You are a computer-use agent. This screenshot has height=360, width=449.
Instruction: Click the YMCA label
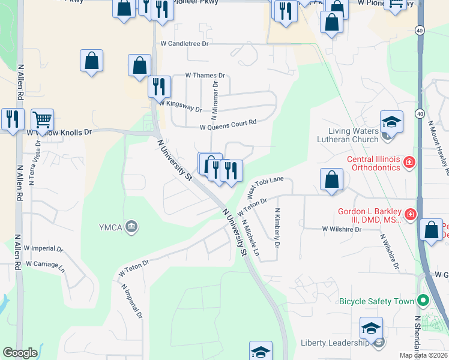(x=110, y=227)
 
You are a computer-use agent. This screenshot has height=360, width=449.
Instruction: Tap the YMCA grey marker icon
(x=131, y=226)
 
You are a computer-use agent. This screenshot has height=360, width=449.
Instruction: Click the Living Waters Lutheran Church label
(x=353, y=135)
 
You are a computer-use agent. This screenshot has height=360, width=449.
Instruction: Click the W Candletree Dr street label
(x=184, y=44)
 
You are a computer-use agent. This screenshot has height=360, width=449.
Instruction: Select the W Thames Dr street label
(x=205, y=76)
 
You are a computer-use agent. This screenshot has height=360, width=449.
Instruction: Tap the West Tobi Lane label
(x=265, y=188)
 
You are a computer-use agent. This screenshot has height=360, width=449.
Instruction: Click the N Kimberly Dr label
(x=277, y=228)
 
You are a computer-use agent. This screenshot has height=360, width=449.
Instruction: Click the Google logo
(x=20, y=353)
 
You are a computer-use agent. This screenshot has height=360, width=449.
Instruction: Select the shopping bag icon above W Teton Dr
(x=331, y=179)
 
